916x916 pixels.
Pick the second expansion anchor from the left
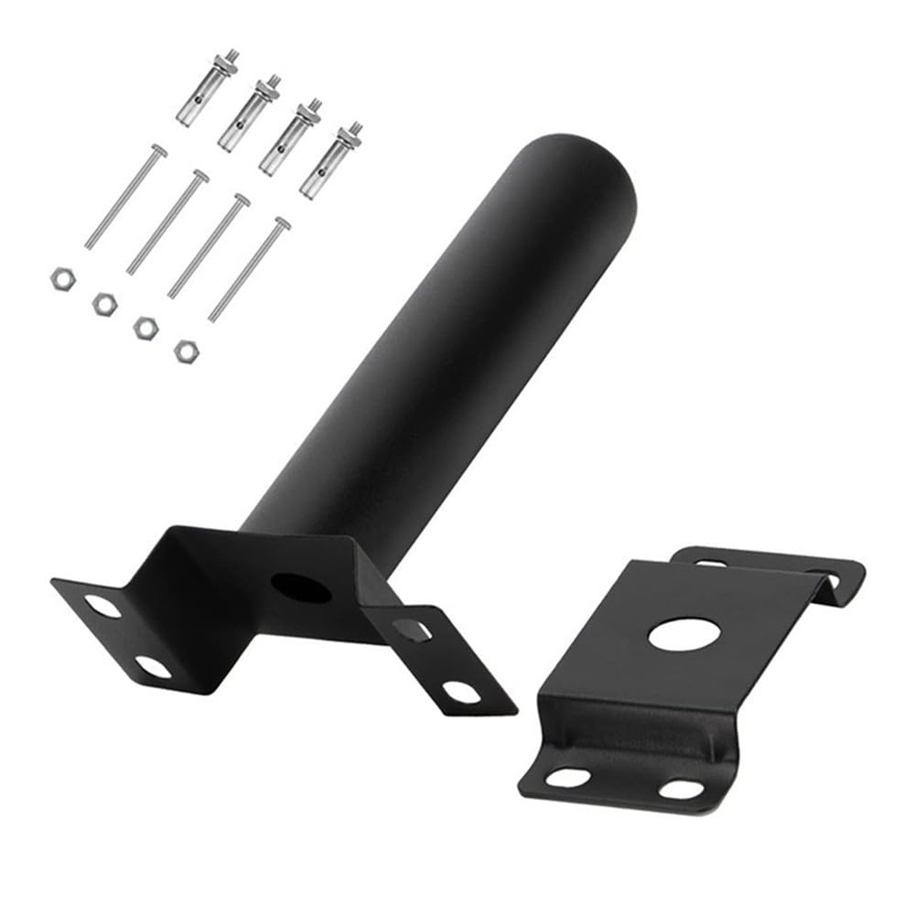(246, 114)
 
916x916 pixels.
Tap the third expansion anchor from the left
(288, 137)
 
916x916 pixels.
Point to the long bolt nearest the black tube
(250, 269)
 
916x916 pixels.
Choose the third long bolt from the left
(209, 245)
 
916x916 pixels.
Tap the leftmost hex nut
(61, 276)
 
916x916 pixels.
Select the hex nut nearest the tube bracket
(187, 350)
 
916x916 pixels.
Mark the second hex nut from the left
(104, 301)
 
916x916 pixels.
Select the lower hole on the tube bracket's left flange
(154, 666)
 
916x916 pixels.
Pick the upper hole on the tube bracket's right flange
(410, 630)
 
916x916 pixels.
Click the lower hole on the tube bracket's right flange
(461, 691)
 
